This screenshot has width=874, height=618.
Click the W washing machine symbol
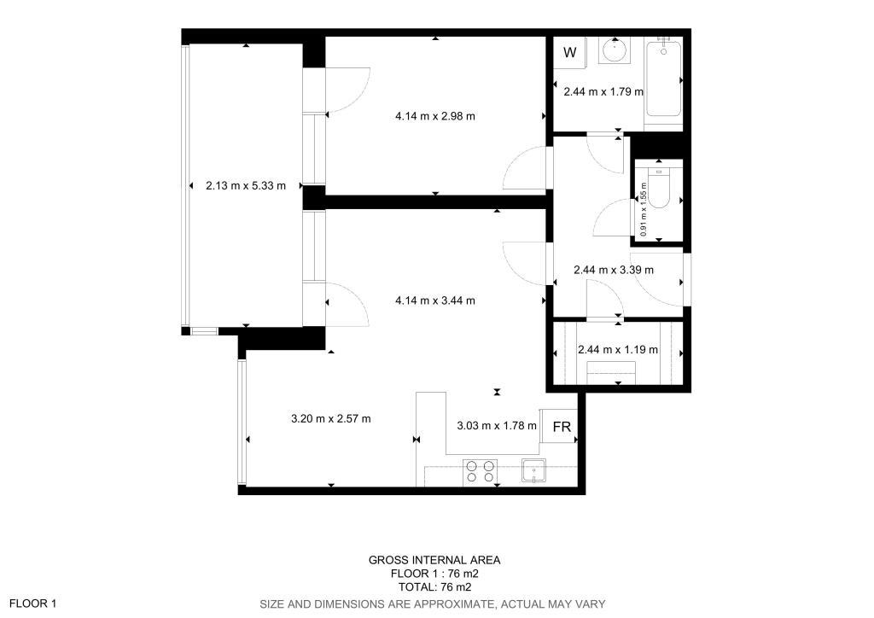[x=569, y=52]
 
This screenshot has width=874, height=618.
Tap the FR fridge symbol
[x=562, y=427]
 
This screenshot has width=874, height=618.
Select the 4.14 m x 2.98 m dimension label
[x=434, y=116]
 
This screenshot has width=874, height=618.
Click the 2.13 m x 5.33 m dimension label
[x=245, y=185]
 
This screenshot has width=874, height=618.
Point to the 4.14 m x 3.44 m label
[x=434, y=301]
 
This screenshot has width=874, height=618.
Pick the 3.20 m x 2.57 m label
[x=330, y=418]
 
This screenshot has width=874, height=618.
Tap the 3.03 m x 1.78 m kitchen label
[x=497, y=426]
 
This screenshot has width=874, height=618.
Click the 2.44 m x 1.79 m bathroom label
[x=603, y=92]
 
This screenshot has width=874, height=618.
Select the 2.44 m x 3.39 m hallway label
[x=614, y=271]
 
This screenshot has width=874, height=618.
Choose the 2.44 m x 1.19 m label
[x=618, y=350]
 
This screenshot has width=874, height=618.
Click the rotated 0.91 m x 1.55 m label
[x=644, y=209]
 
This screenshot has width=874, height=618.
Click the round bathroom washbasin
[x=615, y=50]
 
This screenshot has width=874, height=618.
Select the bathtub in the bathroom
[x=663, y=79]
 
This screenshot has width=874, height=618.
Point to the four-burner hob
[x=480, y=470]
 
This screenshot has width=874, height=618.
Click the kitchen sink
[x=533, y=470]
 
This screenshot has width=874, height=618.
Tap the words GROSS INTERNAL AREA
[x=434, y=561]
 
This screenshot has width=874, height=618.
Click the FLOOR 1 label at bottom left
[x=33, y=603]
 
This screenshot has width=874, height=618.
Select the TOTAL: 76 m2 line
[x=434, y=587]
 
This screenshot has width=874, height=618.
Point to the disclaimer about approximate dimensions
[x=432, y=604]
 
